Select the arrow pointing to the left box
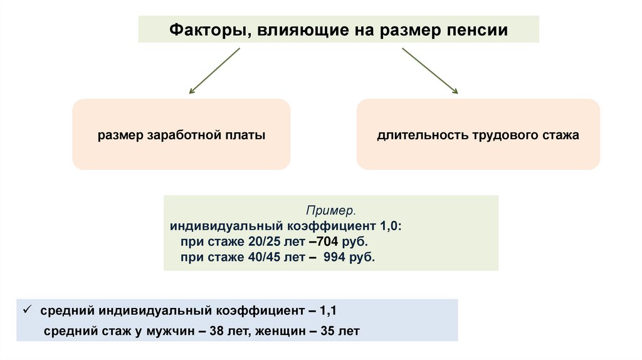click(214, 70)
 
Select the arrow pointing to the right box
click(429, 70)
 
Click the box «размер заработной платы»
click(181, 135)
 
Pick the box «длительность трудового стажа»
click(478, 135)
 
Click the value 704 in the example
click(329, 241)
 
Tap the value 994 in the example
click(335, 257)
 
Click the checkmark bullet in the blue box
click(27, 310)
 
